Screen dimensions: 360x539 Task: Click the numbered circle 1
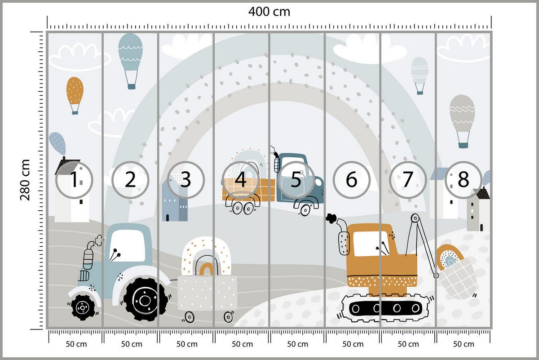point(74,180)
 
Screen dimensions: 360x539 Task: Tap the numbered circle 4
point(241,180)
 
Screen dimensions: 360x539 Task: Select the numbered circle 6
point(351,180)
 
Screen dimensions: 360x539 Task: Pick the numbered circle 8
point(463,180)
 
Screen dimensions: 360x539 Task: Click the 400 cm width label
point(269,12)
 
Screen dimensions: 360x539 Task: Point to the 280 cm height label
point(25,180)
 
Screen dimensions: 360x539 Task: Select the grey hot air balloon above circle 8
point(462,115)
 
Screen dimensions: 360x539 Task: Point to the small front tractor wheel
point(83,307)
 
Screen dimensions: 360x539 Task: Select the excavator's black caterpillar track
point(387,309)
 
